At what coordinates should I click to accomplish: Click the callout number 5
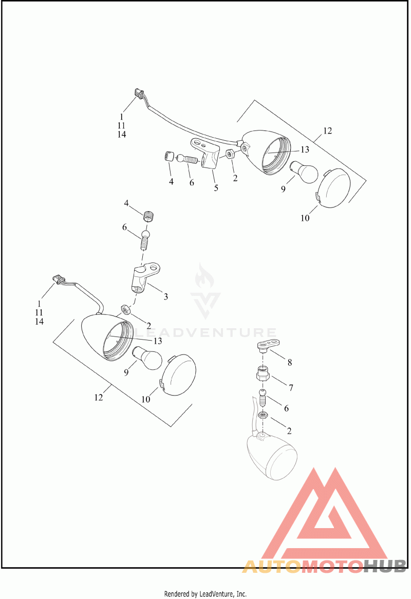tap(216, 188)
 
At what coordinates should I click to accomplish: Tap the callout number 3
tap(166, 296)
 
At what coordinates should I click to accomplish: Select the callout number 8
tap(290, 363)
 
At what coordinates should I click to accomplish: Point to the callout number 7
tap(291, 388)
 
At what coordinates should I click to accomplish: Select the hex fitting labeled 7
tap(263, 373)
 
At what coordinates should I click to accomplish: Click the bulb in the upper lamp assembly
tap(303, 172)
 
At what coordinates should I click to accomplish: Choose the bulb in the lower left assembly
tap(147, 359)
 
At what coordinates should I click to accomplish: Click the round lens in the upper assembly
tap(334, 188)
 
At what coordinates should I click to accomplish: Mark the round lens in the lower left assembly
tap(178, 375)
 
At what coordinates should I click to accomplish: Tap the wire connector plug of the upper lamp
tap(138, 93)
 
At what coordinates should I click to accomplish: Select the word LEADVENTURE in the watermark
tap(206, 332)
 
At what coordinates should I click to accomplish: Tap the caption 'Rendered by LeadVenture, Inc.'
tap(206, 594)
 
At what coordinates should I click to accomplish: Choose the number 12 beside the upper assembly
tap(327, 130)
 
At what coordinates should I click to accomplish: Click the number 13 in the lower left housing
tap(157, 341)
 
